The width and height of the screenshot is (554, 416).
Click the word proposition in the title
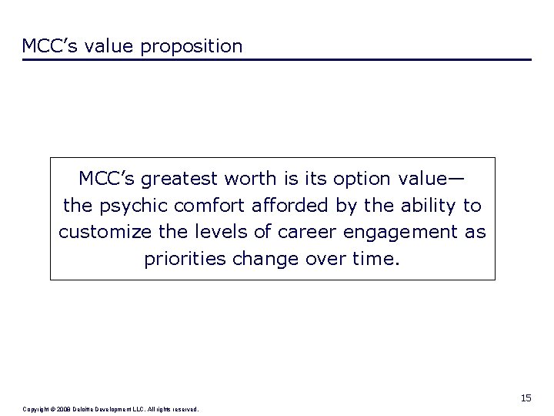click(192, 46)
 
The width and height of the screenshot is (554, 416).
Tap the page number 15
click(526, 398)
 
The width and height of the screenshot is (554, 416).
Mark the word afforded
click(271, 206)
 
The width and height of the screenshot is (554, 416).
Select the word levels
click(214, 232)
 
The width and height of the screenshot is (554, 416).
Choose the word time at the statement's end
click(377, 258)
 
